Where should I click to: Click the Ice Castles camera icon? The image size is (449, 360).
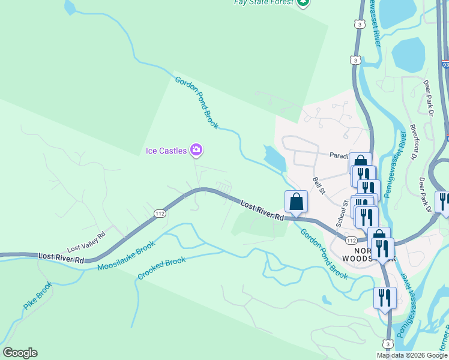pyautogui.click(x=196, y=150)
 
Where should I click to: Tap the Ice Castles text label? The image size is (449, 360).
pyautogui.click(x=166, y=151)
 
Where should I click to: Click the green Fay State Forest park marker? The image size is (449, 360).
pyautogui.click(x=303, y=2)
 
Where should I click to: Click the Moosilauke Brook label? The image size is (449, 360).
pyautogui.click(x=126, y=255)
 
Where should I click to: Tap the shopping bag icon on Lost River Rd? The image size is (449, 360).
pyautogui.click(x=297, y=202)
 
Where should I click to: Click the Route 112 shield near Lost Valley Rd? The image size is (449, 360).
pyautogui.click(x=160, y=214)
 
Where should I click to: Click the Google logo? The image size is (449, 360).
pyautogui.click(x=20, y=353)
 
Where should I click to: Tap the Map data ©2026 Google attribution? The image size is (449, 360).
pyautogui.click(x=412, y=355)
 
